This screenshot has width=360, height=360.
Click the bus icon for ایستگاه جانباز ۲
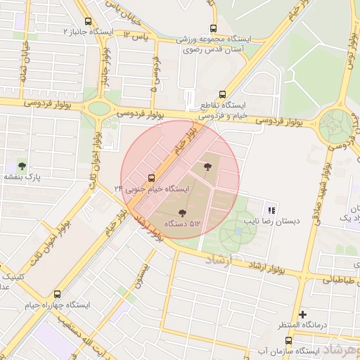tap(87, 22)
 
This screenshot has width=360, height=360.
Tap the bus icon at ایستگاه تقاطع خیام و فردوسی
tap(223, 94)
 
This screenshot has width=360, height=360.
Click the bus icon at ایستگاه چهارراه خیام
tap(57, 295)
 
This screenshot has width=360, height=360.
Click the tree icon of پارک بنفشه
tap(22, 167)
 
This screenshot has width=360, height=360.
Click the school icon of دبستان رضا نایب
tap(271, 210)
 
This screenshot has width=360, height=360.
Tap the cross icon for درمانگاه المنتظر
tap(303, 314)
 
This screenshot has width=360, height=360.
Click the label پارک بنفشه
tap(22, 177)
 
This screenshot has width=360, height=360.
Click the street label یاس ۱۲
tap(137, 34)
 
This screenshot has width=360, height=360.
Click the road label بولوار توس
tap(347, 42)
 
